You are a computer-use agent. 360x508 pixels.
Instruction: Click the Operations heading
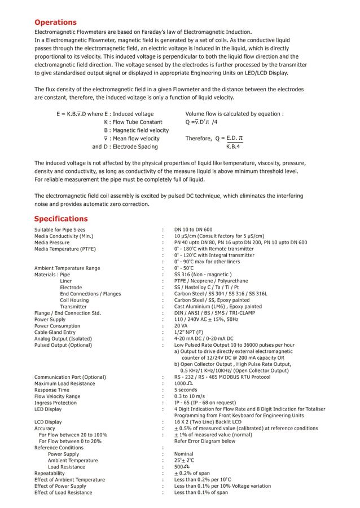click(55, 23)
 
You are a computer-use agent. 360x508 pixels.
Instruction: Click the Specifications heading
click(61, 219)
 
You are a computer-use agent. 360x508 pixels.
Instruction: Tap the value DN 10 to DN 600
click(193, 229)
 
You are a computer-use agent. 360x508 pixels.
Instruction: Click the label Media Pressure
click(52, 242)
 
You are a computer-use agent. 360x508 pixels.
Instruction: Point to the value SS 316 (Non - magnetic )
click(203, 275)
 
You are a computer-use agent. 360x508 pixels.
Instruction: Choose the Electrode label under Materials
click(71, 288)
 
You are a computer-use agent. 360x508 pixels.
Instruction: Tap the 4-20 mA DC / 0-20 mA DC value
click(204, 339)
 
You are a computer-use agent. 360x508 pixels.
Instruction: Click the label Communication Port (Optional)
click(70, 377)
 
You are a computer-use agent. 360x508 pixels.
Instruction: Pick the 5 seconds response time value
click(186, 390)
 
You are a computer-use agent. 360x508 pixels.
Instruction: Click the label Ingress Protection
click(55, 403)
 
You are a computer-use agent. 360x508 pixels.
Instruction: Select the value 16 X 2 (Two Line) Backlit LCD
click(207, 422)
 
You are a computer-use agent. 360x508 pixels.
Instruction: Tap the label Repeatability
click(49, 473)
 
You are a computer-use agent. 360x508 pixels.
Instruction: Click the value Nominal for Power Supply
click(183, 454)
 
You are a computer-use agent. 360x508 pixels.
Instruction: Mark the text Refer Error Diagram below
click(204, 441)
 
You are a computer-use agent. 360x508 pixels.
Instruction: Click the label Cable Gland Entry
click(55, 333)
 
